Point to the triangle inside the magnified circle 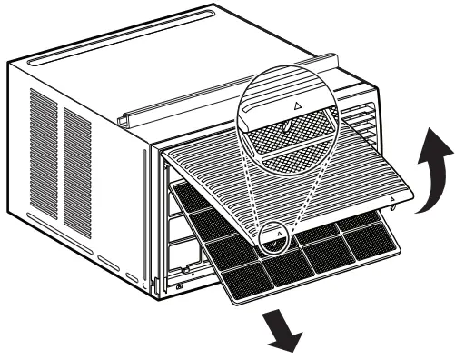tap(297, 105)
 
